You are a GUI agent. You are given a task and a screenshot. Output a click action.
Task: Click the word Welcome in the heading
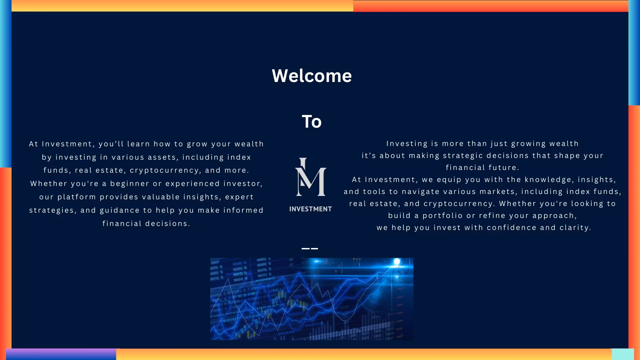coord(312,76)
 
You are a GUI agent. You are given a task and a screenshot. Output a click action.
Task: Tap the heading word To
coord(312,121)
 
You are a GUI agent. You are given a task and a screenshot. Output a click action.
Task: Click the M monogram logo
coord(310,177)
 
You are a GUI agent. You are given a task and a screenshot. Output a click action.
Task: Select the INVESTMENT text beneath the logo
coord(310,209)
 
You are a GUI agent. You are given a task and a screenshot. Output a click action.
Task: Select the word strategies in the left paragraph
coord(51,210)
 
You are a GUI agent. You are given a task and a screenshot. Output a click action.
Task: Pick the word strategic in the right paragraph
coord(463,156)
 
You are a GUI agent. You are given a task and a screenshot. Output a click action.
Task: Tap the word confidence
coord(512,228)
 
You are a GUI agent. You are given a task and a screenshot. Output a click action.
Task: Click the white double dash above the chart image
coord(310,248)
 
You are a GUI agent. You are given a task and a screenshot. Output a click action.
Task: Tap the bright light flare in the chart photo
coord(396,262)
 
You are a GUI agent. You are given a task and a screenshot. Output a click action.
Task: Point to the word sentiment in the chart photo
coord(265,279)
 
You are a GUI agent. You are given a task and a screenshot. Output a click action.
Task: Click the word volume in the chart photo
coord(252,316)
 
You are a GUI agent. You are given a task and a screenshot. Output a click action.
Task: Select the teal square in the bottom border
coord(623,354)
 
